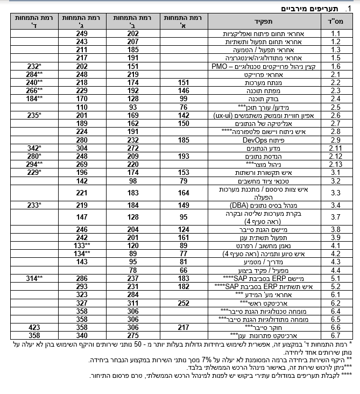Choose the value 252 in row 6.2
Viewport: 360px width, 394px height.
184,303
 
